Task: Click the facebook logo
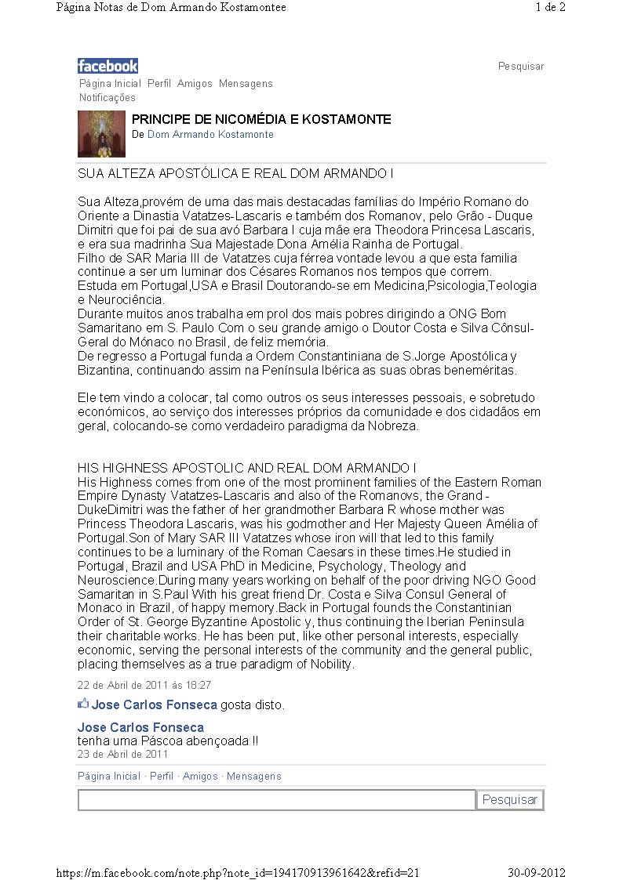[x=107, y=66]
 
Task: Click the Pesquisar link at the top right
[x=521, y=67]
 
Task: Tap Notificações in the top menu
[x=107, y=98]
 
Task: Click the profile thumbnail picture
[x=101, y=134]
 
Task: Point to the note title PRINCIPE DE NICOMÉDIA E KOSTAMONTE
[x=261, y=120]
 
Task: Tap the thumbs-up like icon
[x=83, y=704]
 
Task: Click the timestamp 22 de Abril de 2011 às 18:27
[x=144, y=685]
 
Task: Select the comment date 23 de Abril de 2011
[x=122, y=755]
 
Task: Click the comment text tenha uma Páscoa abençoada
[x=167, y=741]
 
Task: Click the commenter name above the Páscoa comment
[x=140, y=727]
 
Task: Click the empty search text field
[x=276, y=799]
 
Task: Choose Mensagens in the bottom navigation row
[x=253, y=777]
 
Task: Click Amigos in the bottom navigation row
[x=200, y=777]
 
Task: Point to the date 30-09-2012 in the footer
[x=537, y=873]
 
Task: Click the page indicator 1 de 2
[x=551, y=8]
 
